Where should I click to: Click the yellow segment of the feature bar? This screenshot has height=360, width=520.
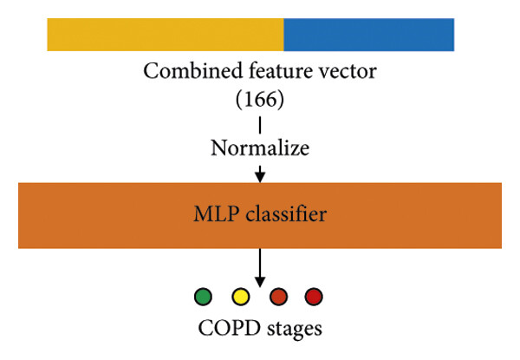pos(166,35)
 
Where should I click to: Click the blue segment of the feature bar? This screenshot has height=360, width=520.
pos(369,35)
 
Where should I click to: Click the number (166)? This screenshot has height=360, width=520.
pos(260,99)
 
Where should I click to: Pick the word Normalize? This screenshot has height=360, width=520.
pos(260,147)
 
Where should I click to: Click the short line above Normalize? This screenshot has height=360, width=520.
pos(260,125)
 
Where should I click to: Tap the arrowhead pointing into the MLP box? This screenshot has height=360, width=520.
pos(260,177)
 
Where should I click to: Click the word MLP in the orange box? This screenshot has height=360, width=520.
pos(216,214)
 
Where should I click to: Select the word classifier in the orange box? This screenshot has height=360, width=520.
pos(286,214)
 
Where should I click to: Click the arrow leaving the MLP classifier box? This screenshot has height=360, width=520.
pos(260,268)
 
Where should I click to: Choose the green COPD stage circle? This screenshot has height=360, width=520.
pos(203,297)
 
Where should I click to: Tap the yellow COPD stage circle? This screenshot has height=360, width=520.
pos(240,297)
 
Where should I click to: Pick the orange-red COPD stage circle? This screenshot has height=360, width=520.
pos(278,297)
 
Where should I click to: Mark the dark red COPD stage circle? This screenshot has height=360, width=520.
pos(314,297)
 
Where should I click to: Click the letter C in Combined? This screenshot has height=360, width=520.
pos(150,71)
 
